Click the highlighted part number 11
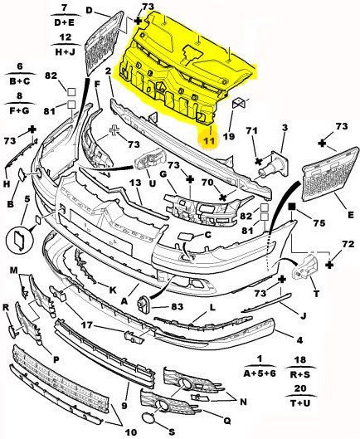[x=209, y=141]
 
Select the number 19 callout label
[x=229, y=136]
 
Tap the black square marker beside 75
[x=292, y=207]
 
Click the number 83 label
[x=177, y=306]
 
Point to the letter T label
[x=316, y=294]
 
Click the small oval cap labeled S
[x=148, y=419]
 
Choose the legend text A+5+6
[x=260, y=373]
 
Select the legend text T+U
[x=300, y=402]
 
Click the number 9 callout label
[x=125, y=405]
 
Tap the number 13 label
[x=135, y=183]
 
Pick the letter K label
[x=113, y=290]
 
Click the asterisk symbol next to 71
[x=258, y=161]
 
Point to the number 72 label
[x=348, y=245]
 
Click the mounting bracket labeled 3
[x=274, y=163]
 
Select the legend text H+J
[x=66, y=51]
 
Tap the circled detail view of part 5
[x=19, y=240]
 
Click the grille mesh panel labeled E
[x=331, y=174]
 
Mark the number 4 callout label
[x=299, y=340]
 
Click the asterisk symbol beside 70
[x=223, y=198]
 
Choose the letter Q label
[x=227, y=420]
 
